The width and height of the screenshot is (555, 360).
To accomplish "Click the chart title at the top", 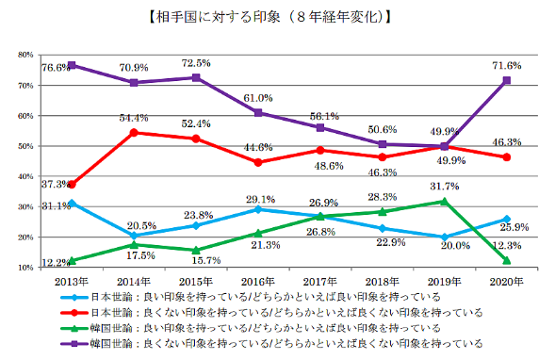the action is pos(269,17).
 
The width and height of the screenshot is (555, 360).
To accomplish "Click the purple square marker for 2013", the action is pos(72,65).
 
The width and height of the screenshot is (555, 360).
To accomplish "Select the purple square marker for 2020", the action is pos(507,80).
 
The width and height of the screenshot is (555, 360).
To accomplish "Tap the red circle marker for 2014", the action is pos(134,133).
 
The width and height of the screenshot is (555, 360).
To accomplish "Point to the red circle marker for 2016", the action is pos(258,162).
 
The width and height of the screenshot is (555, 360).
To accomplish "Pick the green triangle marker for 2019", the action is pos(444,202).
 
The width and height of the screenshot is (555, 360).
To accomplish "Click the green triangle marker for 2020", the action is pos(507,260).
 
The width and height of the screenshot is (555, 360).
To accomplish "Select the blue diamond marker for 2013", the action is pos(72,204).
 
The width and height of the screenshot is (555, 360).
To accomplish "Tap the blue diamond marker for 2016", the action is pos(258,209).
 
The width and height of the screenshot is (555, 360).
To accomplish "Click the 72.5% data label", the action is pos(196,63).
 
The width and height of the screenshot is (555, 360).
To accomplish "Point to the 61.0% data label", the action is pos(258,98).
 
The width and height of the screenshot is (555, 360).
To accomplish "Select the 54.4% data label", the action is pos(134,118).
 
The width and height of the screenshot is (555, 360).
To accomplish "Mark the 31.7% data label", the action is pos(445,186).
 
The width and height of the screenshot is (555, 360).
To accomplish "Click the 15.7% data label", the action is pos(206,260).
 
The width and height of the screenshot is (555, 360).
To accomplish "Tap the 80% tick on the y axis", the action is pos(25,55).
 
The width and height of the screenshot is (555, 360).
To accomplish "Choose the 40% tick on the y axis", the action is pos(25,176).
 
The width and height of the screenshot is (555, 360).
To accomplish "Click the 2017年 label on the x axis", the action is pos(320,282).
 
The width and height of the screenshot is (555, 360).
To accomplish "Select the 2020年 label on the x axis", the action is pos(507,282).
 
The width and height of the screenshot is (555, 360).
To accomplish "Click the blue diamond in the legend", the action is pos(74,298).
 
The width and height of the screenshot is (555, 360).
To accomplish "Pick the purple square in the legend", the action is pos(74,343).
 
